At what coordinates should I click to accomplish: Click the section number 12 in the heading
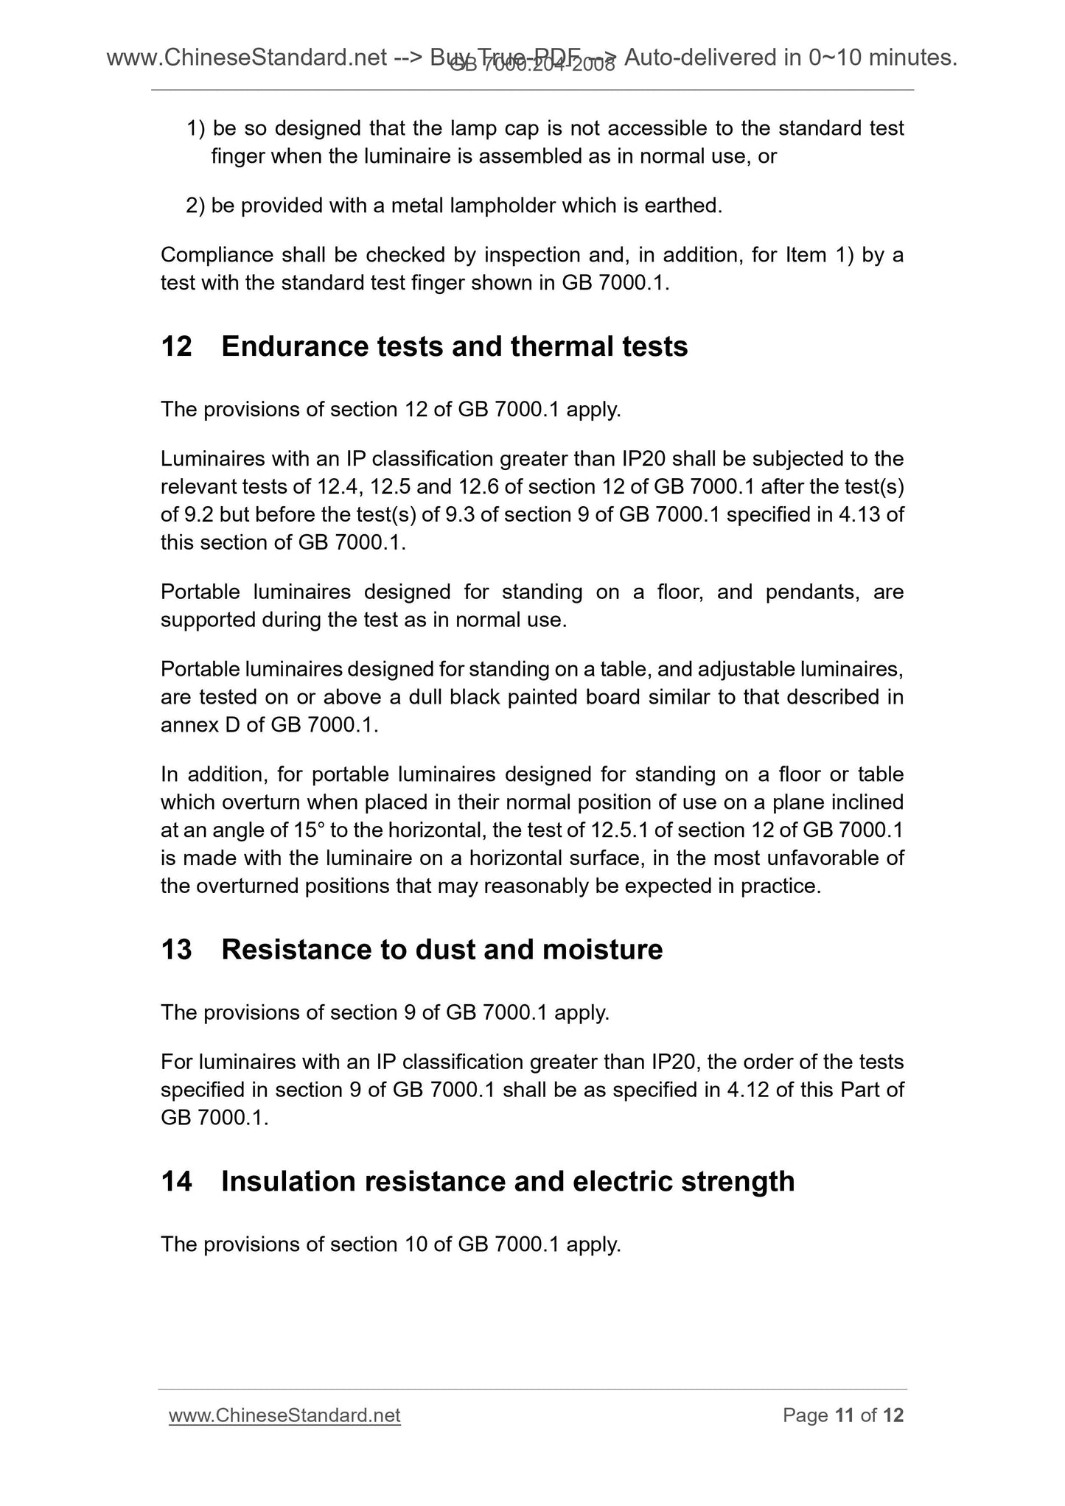(176, 346)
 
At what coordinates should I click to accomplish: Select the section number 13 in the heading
(176, 950)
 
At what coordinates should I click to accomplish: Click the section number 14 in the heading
(176, 1182)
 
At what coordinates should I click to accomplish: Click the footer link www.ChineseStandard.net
(284, 1415)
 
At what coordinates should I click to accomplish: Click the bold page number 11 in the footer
(844, 1415)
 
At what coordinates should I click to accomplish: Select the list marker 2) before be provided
(195, 206)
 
